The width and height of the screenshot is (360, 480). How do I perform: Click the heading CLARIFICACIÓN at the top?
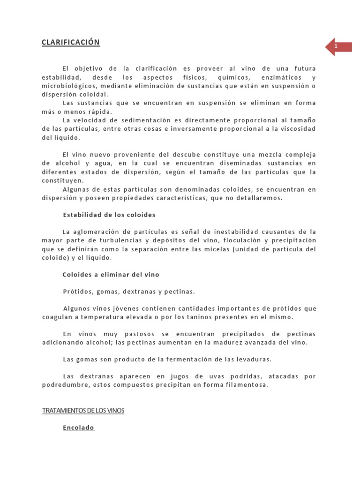pyautogui.click(x=71, y=42)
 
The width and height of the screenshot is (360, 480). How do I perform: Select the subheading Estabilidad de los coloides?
pyautogui.click(x=109, y=215)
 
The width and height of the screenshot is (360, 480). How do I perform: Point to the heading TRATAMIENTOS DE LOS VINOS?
pyautogui.click(x=83, y=411)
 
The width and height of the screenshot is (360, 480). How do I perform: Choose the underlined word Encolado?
pyautogui.click(x=79, y=427)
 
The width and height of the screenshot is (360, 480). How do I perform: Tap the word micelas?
pyautogui.click(x=214, y=249)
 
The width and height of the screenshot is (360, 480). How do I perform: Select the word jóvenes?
pyautogui.click(x=121, y=308)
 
